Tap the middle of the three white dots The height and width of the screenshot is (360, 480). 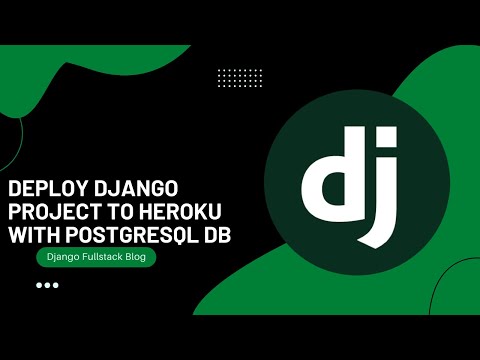pyautogui.click(x=47, y=285)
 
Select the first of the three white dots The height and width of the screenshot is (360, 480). pyautogui.click(x=39, y=285)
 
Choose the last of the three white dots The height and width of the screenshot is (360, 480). pyautogui.click(x=55, y=285)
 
